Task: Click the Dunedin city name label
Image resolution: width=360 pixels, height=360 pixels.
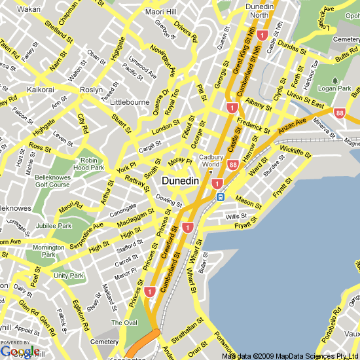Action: click(179, 181)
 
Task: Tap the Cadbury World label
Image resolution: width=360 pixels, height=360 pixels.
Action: click(211, 160)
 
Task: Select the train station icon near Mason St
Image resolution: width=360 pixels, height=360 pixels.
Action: click(221, 196)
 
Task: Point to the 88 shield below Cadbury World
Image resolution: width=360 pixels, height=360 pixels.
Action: click(232, 173)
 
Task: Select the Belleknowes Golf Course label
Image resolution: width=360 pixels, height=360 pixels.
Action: click(52, 181)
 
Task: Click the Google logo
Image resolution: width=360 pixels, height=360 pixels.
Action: click(20, 351)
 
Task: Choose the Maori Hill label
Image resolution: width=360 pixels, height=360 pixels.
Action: click(161, 12)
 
